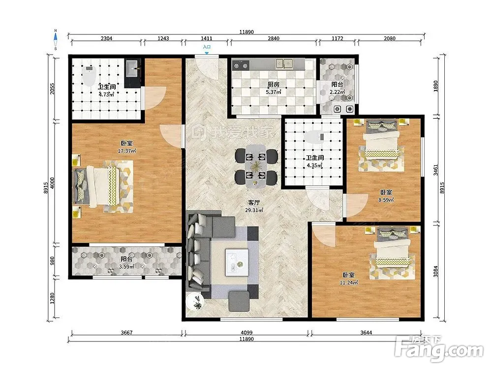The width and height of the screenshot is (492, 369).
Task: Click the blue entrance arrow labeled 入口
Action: pyautogui.click(x=207, y=53)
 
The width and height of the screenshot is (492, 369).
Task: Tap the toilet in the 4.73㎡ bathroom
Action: pyautogui.click(x=90, y=76)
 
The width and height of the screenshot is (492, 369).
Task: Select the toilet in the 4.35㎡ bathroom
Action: pyautogui.click(x=314, y=137)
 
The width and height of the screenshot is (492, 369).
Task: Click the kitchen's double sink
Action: pyautogui.click(x=284, y=64)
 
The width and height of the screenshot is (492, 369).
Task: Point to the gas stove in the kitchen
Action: pyautogui.click(x=241, y=65)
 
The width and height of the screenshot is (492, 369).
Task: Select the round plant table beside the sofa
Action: pyautogui.click(x=195, y=302)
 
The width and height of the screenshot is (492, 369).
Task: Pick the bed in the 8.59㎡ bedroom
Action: pyautogui.click(x=381, y=139)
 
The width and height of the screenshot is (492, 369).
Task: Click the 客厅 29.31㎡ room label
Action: pyautogui.click(x=254, y=207)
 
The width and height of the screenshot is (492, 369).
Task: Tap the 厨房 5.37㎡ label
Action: pyautogui.click(x=273, y=88)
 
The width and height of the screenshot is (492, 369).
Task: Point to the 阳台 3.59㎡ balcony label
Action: pyautogui.click(x=126, y=263)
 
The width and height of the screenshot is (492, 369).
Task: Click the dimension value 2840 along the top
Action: pyautogui.click(x=273, y=38)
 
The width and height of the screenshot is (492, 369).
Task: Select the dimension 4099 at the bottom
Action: pyautogui.click(x=246, y=333)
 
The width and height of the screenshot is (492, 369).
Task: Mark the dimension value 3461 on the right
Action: pyautogui.click(x=435, y=170)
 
